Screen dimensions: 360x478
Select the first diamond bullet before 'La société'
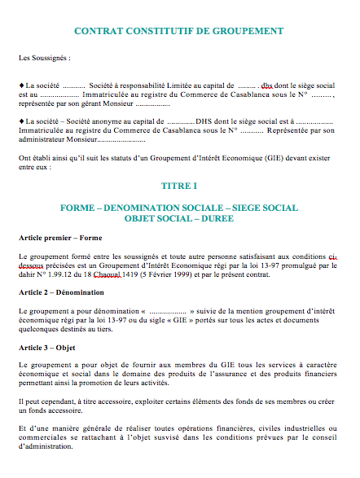[21, 85]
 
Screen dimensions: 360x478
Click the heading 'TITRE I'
[179, 186]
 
